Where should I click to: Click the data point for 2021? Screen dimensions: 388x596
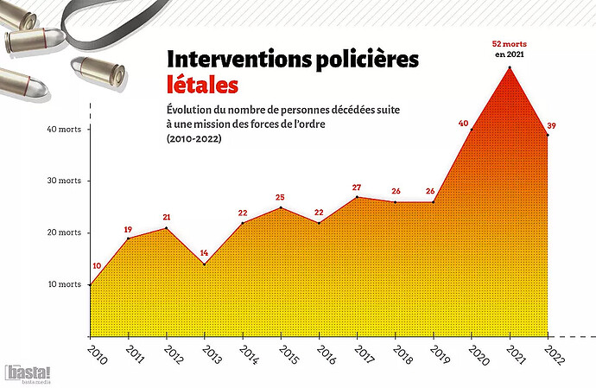click(510, 67)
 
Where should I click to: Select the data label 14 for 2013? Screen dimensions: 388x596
click(205, 253)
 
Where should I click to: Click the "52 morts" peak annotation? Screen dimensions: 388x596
click(510, 43)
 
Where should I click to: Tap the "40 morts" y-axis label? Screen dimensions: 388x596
click(63, 130)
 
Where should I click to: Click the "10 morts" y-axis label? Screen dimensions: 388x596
click(63, 284)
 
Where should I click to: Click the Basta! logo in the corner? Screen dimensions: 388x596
click(28, 373)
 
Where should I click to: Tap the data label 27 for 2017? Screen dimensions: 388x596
click(357, 188)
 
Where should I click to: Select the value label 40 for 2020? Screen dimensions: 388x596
click(463, 124)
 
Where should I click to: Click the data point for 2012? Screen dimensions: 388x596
click(167, 228)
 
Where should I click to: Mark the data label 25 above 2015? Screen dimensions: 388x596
click(280, 198)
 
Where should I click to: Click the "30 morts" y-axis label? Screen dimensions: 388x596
click(63, 181)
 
